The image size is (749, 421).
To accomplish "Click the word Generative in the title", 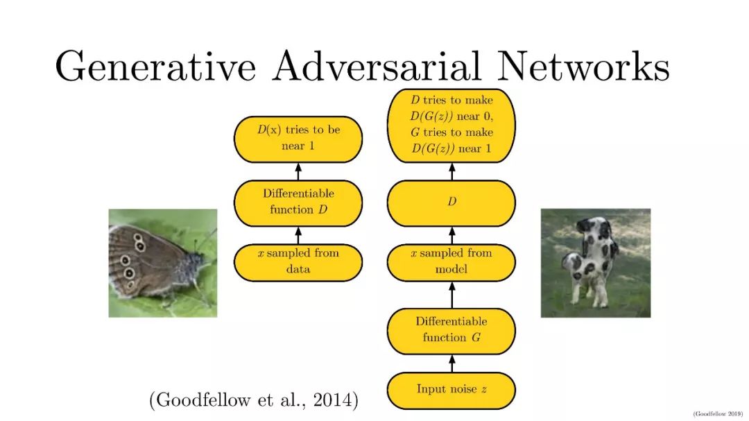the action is click(156, 67).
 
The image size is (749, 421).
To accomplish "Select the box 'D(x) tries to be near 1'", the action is click(298, 139).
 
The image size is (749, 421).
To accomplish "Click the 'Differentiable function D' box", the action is click(298, 203).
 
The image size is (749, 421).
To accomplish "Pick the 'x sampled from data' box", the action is click(298, 262).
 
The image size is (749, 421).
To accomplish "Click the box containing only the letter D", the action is click(451, 203).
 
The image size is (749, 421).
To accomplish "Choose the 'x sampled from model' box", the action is click(451, 262).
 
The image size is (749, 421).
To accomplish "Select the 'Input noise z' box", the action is click(451, 390).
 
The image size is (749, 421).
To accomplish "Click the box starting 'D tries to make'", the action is click(451, 126).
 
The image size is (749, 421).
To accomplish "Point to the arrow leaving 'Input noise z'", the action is click(452, 363).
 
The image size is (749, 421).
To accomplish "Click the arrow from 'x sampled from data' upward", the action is click(298, 235).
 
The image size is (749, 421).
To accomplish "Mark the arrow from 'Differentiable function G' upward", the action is click(452, 295).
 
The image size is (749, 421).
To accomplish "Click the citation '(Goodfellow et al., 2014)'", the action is click(254, 400).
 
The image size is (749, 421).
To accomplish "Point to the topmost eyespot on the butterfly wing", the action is click(137, 237).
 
